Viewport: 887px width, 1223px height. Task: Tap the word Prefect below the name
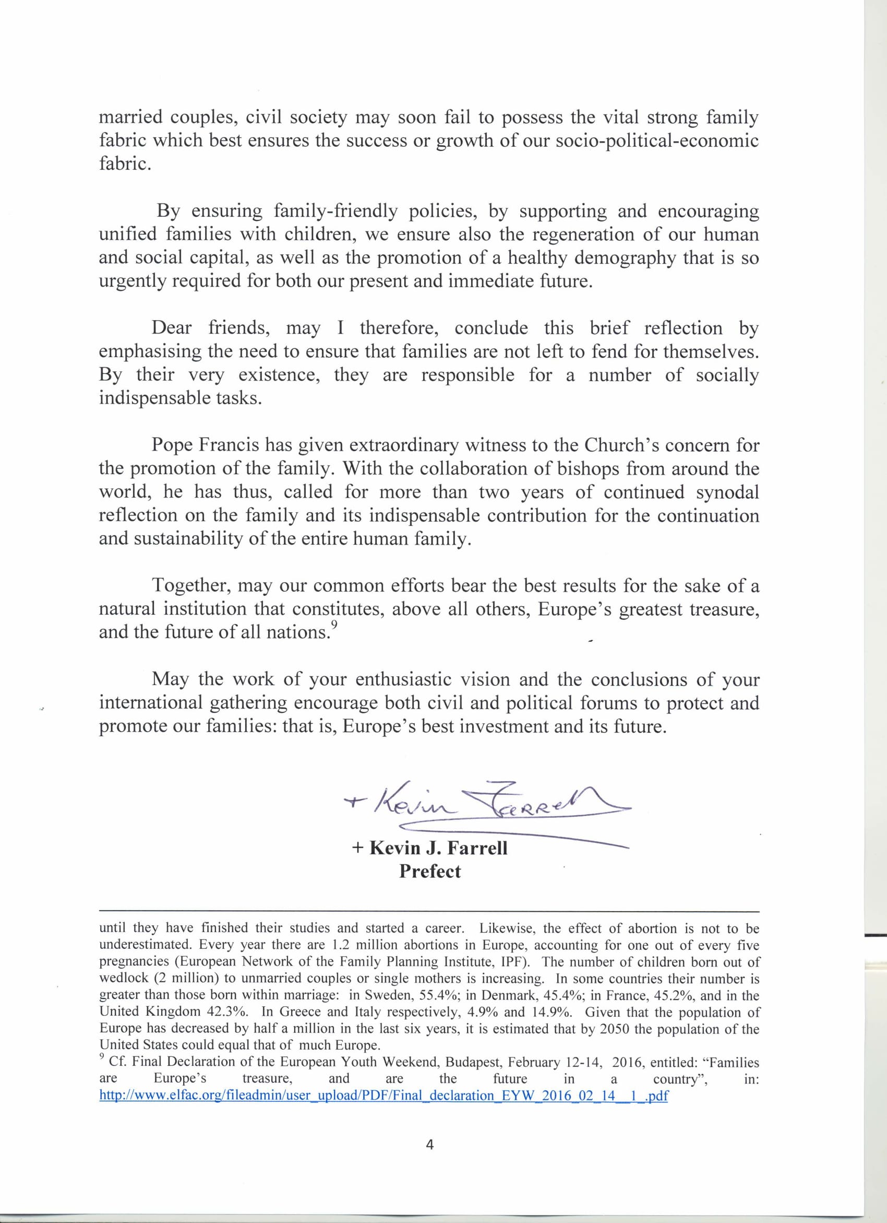pos(429,872)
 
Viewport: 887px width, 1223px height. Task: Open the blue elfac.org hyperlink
pos(383,1096)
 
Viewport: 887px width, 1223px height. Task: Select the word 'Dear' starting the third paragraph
pos(171,328)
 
